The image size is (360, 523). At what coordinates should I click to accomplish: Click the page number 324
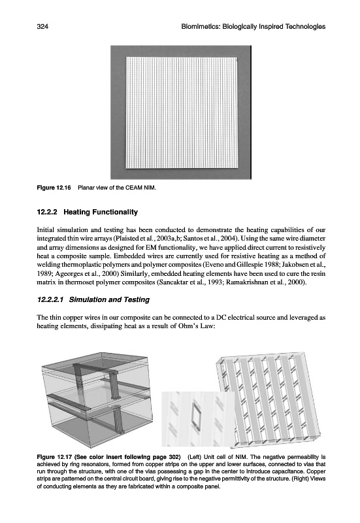(42, 27)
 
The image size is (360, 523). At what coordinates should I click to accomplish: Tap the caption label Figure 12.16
(54, 188)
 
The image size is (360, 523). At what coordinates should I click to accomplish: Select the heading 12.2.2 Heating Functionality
(88, 212)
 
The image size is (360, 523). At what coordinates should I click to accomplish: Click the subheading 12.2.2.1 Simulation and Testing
(93, 299)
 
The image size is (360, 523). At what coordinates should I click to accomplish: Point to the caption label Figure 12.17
(54, 456)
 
